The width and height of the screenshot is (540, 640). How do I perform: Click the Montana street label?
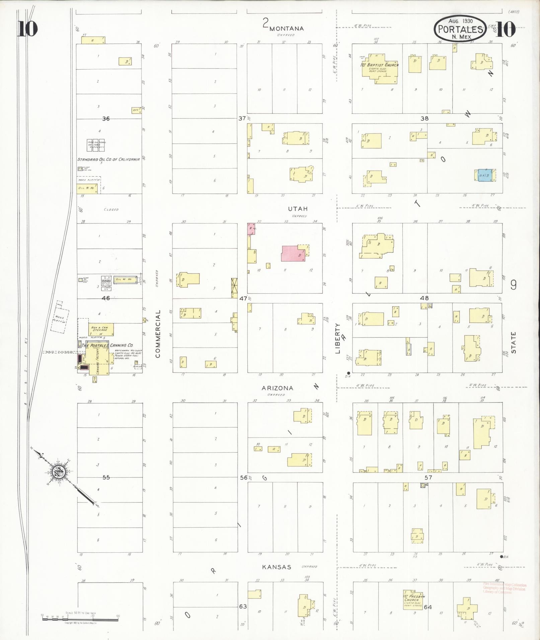pos(287,28)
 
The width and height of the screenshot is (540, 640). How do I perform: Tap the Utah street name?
pos(298,209)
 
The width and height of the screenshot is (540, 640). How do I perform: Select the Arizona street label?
pos(277,388)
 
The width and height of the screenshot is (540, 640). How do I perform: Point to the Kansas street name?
pos(277,567)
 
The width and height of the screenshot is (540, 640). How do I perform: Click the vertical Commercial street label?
pos(158,334)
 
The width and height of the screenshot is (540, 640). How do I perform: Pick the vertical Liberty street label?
pos(337,338)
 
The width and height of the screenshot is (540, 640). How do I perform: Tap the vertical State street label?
pos(514,342)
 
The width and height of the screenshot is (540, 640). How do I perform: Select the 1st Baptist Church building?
pos(380,69)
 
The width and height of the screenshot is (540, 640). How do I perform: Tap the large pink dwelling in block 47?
pos(293,253)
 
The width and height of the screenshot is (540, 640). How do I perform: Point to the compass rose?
pos(58,472)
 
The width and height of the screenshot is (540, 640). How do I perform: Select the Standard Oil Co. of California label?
pos(108,159)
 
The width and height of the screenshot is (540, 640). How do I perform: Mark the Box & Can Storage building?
pos(101,329)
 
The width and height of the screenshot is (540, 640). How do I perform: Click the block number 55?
pos(106,477)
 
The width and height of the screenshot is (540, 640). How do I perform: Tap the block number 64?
pos(428,607)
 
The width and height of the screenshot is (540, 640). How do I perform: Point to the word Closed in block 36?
pos(111,210)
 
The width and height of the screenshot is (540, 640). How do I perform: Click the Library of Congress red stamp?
pos(504,588)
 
